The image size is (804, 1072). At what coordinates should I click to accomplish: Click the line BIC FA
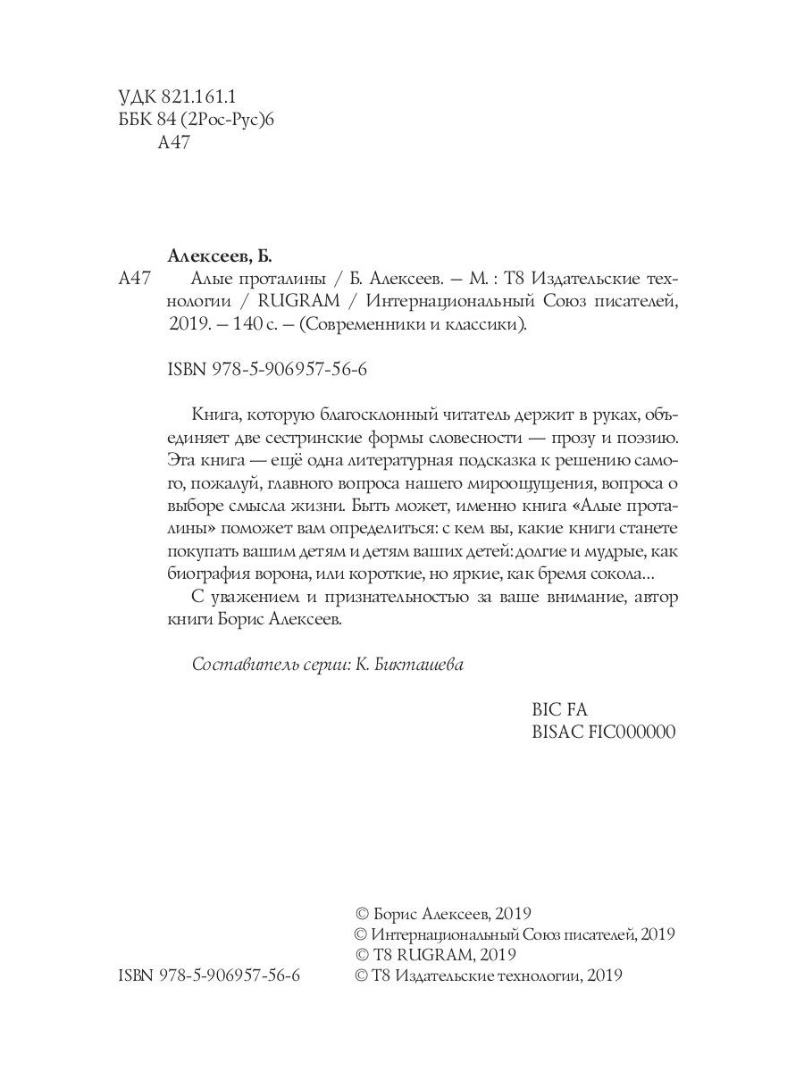[559, 709]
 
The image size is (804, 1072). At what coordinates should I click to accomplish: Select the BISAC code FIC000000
[631, 732]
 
